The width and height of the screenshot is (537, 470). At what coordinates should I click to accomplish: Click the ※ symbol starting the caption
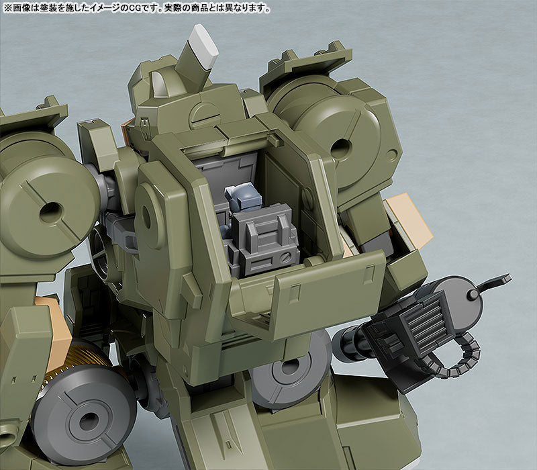tap(6, 9)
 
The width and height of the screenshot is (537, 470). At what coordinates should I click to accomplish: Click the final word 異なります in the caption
tap(249, 9)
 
